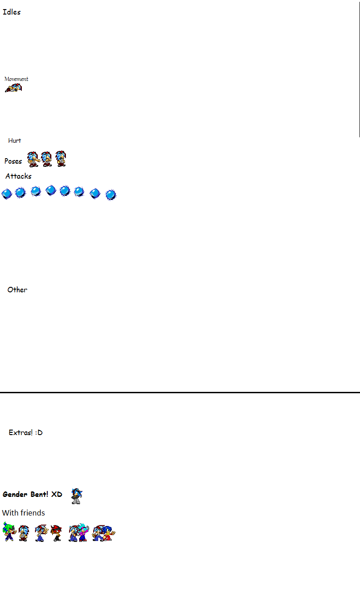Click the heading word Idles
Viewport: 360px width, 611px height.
pos(11,12)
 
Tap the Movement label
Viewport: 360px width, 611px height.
pos(16,79)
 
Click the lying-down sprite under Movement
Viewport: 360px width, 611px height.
pos(13,88)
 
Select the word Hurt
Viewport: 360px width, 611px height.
pos(15,140)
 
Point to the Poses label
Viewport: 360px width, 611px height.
pos(13,161)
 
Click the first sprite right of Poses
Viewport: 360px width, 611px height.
pos(33,159)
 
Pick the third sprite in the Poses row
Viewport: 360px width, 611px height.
pos(60,159)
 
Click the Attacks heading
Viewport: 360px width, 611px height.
pos(18,176)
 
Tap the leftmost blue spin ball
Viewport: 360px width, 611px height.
pos(7,194)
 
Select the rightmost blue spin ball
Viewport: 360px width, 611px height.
pos(111,195)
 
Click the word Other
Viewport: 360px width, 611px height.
pos(17,290)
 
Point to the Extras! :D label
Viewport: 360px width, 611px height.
pos(25,432)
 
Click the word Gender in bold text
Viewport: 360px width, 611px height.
pos(15,494)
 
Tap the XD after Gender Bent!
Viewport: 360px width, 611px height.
pos(57,494)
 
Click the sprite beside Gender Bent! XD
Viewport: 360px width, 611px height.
pos(77,496)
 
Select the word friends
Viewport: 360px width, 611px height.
pos(32,513)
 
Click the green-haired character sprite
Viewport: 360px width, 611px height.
pos(9,531)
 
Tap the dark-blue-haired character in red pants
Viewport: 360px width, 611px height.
pos(109,533)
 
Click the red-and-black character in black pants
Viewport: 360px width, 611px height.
pos(56,533)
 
